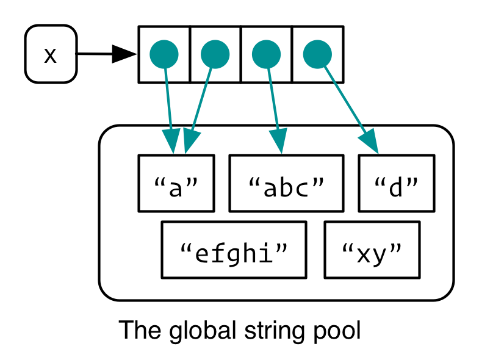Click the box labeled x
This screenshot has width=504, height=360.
click(51, 54)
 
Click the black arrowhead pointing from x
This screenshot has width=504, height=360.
click(124, 54)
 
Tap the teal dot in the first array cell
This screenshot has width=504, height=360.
click(164, 54)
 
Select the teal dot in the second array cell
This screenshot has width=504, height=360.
click(215, 54)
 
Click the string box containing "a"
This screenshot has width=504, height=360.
click(176, 183)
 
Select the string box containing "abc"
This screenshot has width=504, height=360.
click(286, 183)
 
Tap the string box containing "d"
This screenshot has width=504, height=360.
click(397, 183)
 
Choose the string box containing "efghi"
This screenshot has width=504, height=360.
click(234, 250)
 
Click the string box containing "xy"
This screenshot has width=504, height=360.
click(372, 250)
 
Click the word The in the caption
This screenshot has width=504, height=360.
click(134, 331)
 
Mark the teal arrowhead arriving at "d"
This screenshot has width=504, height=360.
click(370, 143)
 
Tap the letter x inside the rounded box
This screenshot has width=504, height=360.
click(51, 55)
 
